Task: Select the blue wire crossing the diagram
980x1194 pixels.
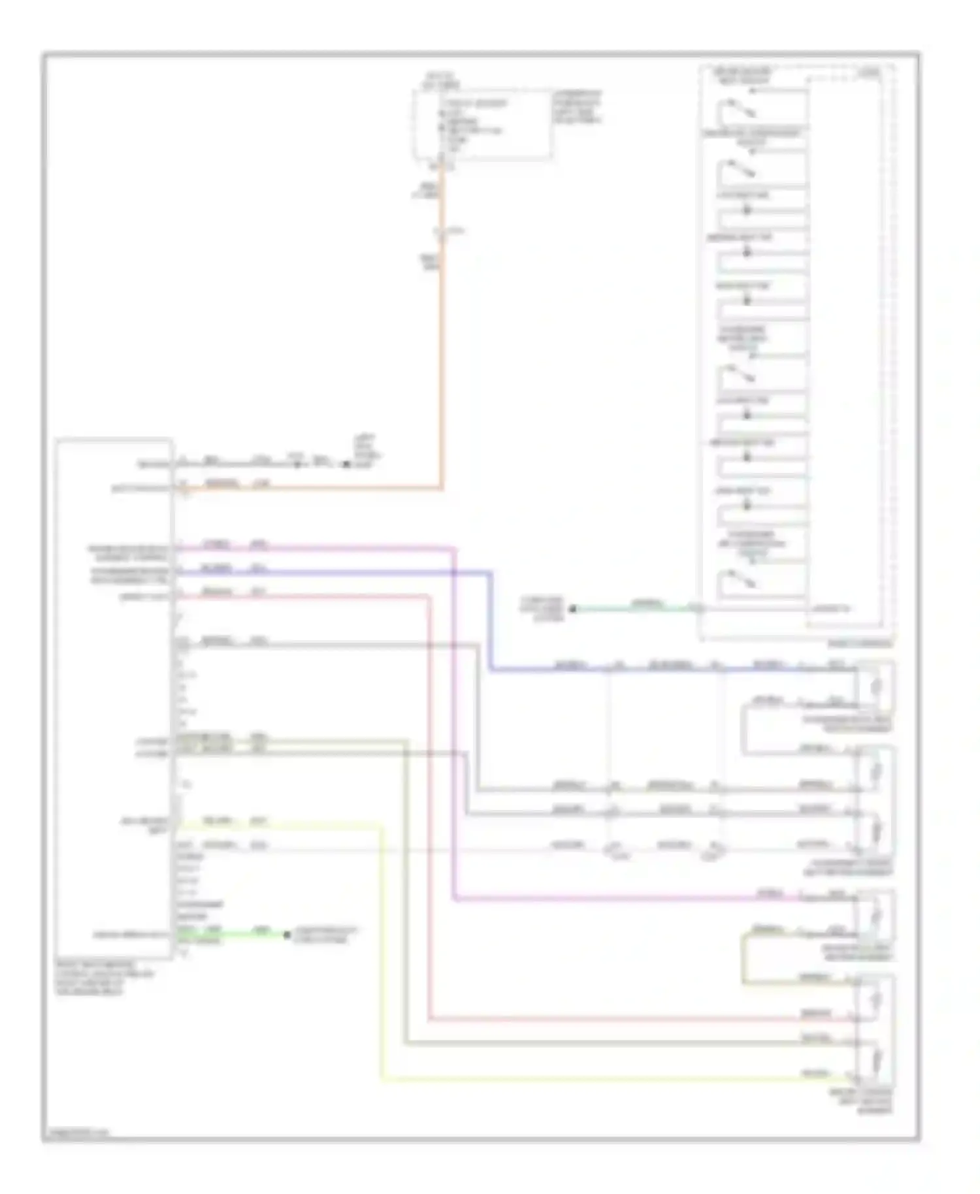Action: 491,621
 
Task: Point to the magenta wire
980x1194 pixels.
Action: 453,718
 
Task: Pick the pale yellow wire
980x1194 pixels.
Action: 381,947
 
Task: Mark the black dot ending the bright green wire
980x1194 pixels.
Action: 287,935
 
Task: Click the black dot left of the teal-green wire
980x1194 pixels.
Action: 573,609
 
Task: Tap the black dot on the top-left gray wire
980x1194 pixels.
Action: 346,464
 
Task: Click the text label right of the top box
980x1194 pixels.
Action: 578,108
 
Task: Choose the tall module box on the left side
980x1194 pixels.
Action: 114,699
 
